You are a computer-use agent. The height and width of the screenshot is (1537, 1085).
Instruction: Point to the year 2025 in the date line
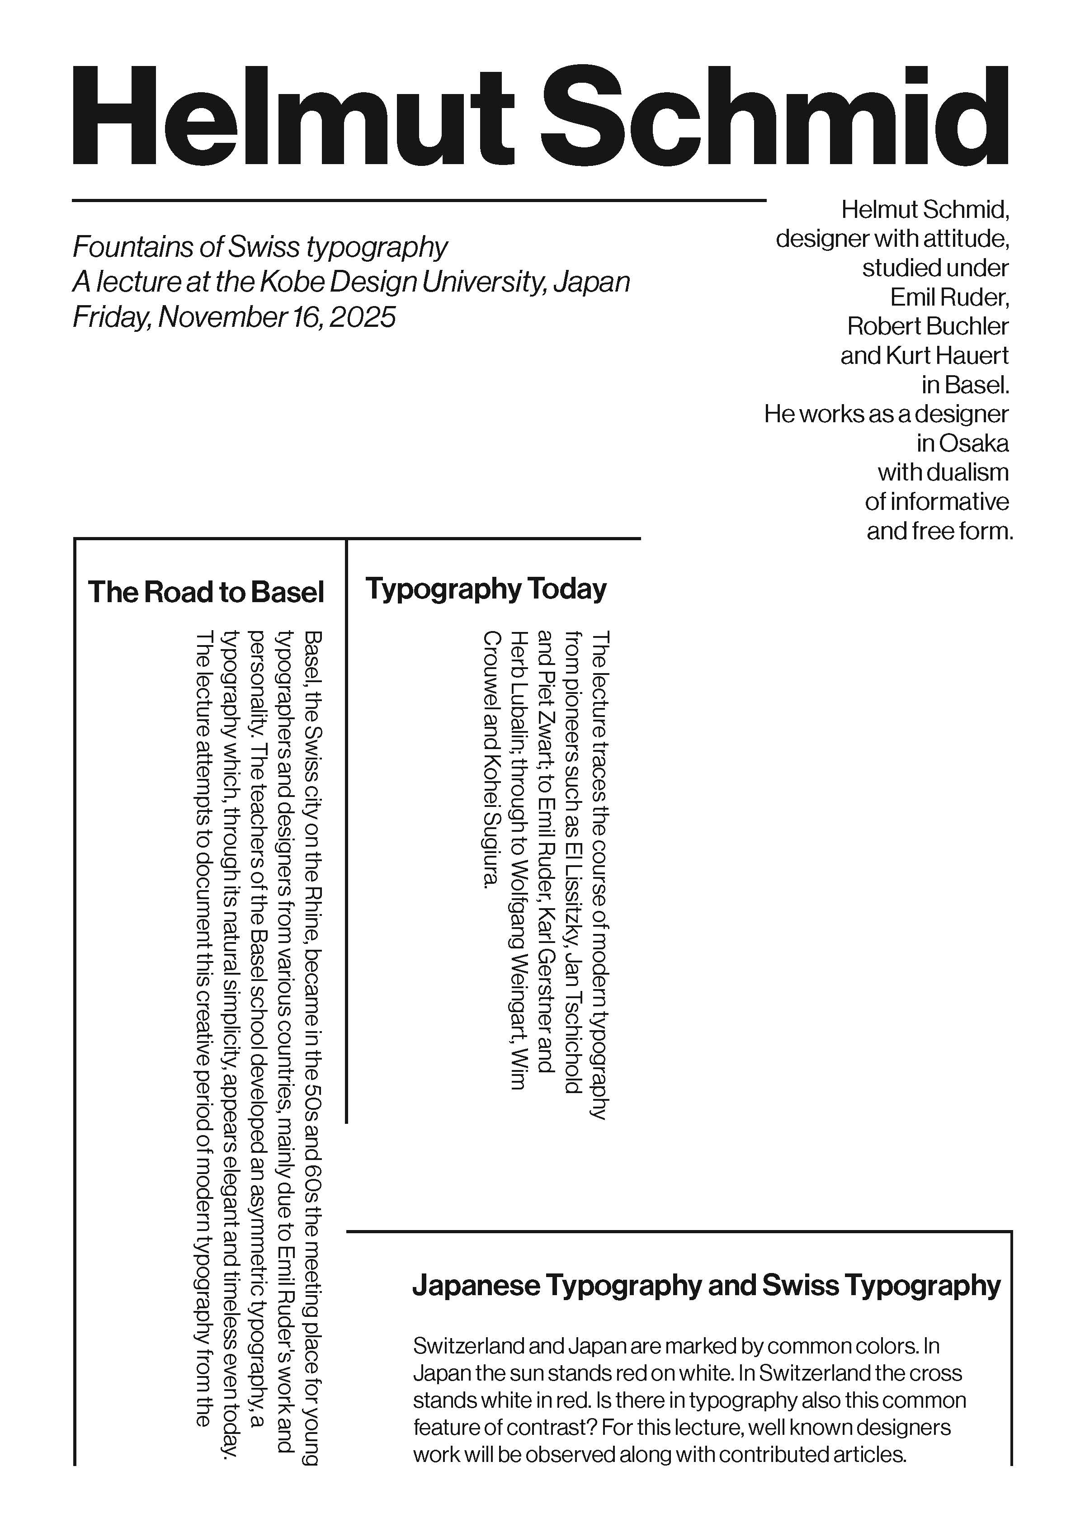pos(362,316)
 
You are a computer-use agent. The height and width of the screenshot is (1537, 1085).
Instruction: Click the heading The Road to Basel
pos(206,592)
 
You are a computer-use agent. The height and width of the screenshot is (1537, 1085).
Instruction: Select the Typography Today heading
pos(486,589)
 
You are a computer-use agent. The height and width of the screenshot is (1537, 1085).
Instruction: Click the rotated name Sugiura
pos(490,850)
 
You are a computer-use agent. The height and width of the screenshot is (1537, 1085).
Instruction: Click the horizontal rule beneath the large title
pos(418,199)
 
